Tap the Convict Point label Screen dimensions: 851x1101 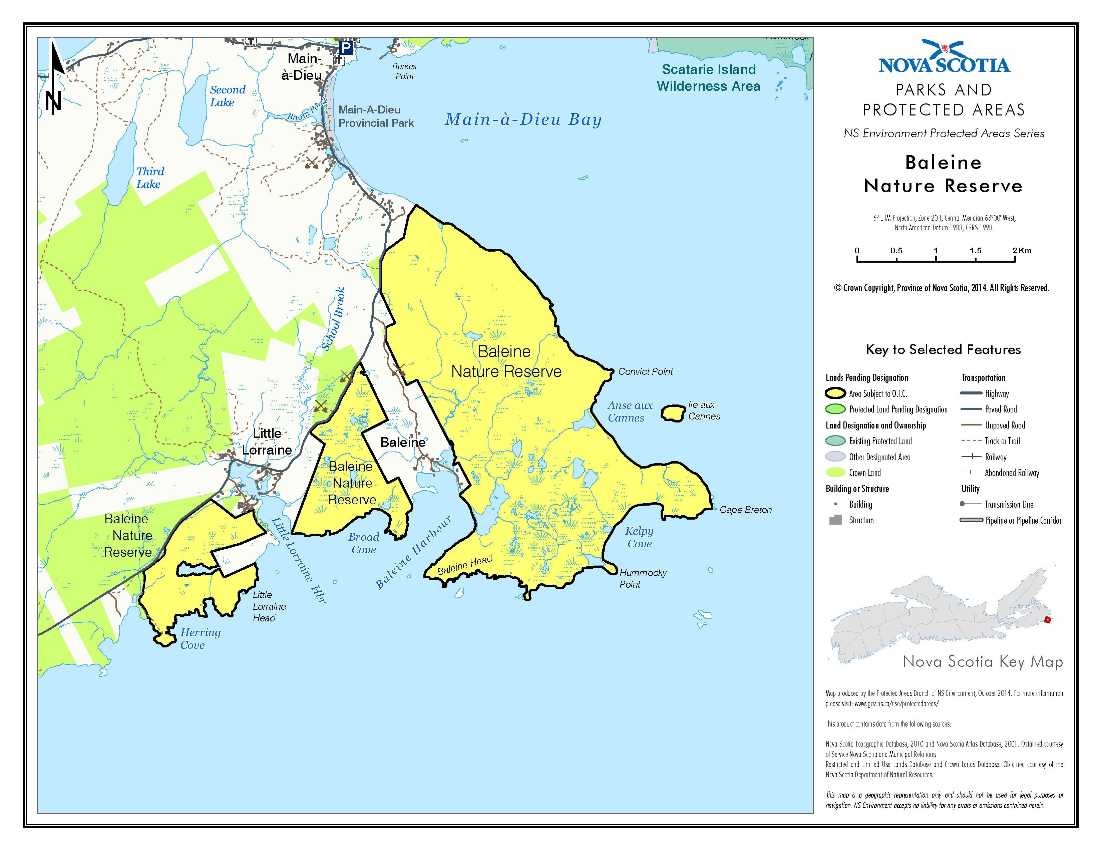[645, 371]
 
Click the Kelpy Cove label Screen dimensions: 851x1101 [639, 537]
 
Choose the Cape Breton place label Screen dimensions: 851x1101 [745, 510]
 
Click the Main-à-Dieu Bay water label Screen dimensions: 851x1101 [523, 120]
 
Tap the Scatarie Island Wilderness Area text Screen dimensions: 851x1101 [708, 78]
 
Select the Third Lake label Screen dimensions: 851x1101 [150, 178]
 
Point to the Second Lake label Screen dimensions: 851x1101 [227, 96]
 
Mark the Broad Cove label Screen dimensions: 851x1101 [363, 543]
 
